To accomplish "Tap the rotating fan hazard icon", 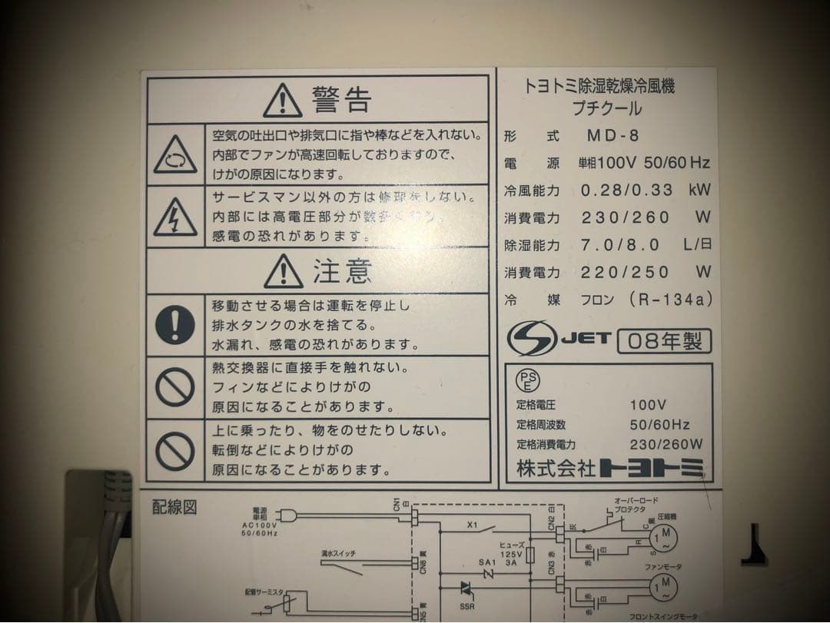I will [x=175, y=154].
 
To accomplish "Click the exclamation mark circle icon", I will [x=175, y=324].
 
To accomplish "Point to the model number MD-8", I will [x=613, y=136].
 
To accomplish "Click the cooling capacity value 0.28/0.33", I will [x=626, y=190].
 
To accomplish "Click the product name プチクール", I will [x=607, y=109].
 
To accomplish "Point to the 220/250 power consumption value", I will [x=625, y=272].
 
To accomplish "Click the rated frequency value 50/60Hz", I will [x=659, y=424].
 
